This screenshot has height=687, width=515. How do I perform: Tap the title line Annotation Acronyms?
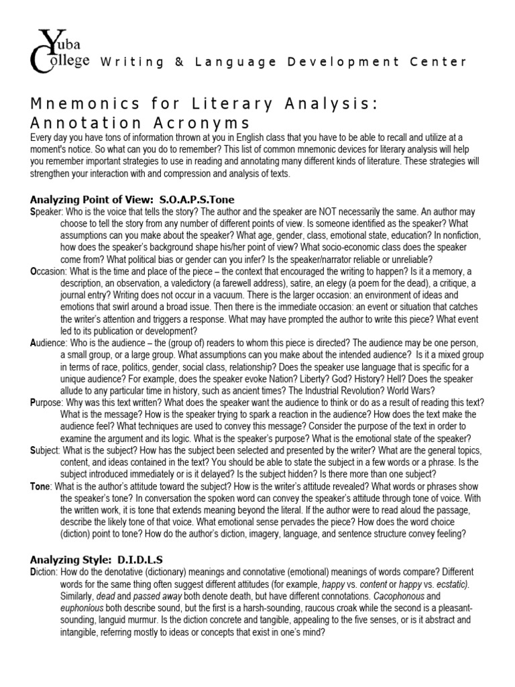pos(140,123)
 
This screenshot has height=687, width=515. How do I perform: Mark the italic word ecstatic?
pos(451,583)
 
